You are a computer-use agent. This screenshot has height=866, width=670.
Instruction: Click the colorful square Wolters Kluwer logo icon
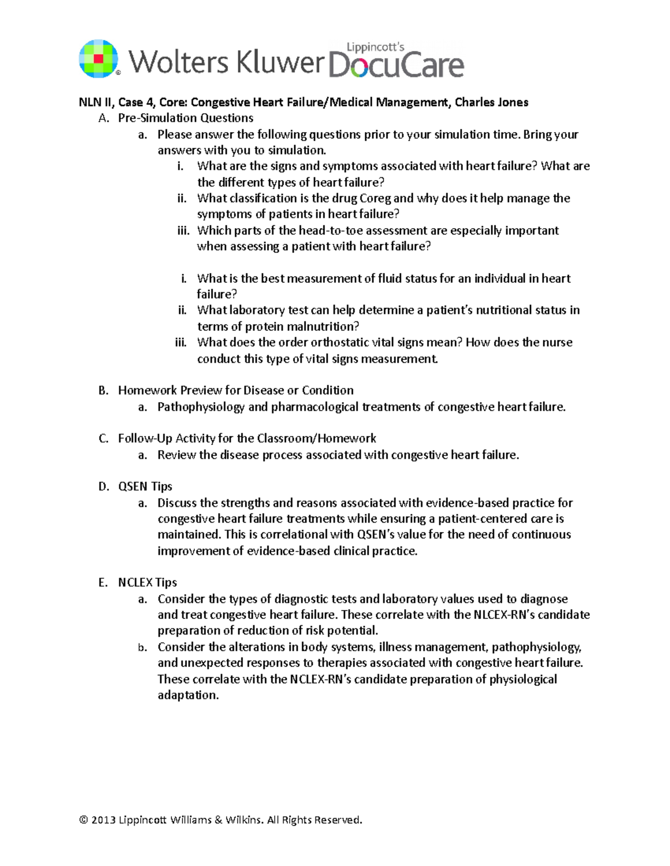(99, 59)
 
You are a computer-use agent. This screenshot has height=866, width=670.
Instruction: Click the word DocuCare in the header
(396, 65)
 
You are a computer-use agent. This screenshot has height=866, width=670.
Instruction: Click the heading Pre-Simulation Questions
(185, 118)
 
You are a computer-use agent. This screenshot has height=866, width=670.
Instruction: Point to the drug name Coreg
(375, 199)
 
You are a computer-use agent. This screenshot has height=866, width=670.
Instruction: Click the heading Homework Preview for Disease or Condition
(236, 390)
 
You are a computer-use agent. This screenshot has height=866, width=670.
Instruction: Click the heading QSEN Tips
(145, 486)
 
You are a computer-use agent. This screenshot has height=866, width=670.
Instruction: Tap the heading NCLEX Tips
(147, 583)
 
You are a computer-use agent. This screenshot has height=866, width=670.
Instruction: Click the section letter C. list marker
(103, 439)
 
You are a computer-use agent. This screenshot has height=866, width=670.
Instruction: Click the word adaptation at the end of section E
(188, 695)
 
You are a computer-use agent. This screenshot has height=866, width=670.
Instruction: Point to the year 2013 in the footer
(103, 820)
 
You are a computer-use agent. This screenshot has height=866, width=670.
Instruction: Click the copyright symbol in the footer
(84, 820)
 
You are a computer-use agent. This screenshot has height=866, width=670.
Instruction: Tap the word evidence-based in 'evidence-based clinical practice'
(288, 551)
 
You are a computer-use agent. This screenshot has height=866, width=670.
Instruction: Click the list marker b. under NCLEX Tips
(143, 647)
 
